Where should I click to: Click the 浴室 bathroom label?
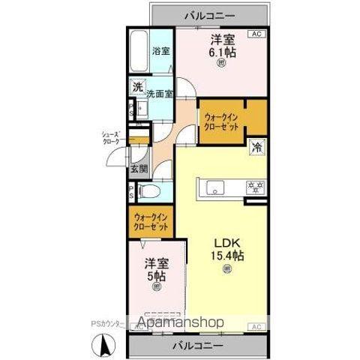(x=161, y=52)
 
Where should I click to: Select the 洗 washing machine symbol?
(x=137, y=87)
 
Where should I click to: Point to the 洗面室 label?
(x=160, y=94)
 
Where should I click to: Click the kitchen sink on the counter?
(x=212, y=187)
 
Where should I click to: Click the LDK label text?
(x=227, y=243)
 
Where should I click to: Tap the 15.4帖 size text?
(x=227, y=256)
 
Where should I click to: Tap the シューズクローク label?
(x=111, y=137)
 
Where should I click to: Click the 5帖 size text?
(x=157, y=274)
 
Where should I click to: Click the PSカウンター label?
(x=107, y=324)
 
